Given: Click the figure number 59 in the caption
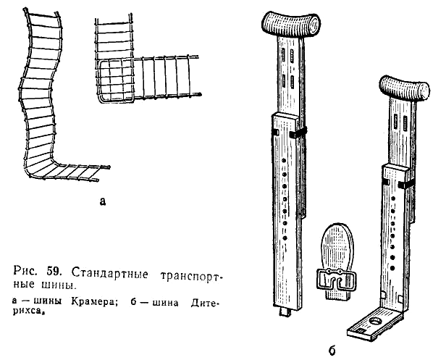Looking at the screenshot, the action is (x=53, y=272).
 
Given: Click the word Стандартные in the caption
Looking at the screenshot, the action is (x=109, y=274).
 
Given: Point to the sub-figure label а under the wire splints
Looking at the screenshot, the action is (x=103, y=201).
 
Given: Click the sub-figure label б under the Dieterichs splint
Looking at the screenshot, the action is (x=332, y=350).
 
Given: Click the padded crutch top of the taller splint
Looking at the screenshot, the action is (x=290, y=24).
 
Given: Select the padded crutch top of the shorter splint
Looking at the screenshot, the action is (x=405, y=88).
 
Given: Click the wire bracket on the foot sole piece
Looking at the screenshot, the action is (x=337, y=280).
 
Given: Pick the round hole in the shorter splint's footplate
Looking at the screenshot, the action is (x=376, y=322).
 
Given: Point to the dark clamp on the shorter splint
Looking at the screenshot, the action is (x=405, y=185).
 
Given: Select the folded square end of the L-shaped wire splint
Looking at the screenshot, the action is (x=116, y=81).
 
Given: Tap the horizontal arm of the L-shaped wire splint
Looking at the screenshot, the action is (x=167, y=77).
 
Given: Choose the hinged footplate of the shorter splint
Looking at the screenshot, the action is (x=375, y=324).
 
